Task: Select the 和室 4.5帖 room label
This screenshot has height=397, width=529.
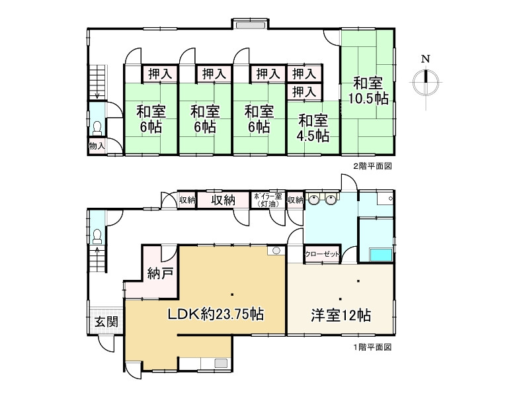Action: tap(313, 128)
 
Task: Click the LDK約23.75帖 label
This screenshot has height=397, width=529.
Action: tap(215, 315)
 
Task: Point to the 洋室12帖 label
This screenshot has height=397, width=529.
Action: tap(341, 316)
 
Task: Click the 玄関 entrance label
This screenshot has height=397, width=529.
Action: tap(105, 322)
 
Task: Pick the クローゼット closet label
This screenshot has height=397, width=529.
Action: tap(322, 254)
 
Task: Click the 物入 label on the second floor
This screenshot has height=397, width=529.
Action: tap(97, 146)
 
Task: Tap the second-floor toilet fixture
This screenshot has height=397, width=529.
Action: tap(97, 125)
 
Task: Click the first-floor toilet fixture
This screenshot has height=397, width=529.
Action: tap(97, 235)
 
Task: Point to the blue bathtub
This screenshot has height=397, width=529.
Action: tap(380, 255)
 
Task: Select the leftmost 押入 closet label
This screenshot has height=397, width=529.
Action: tap(159, 73)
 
